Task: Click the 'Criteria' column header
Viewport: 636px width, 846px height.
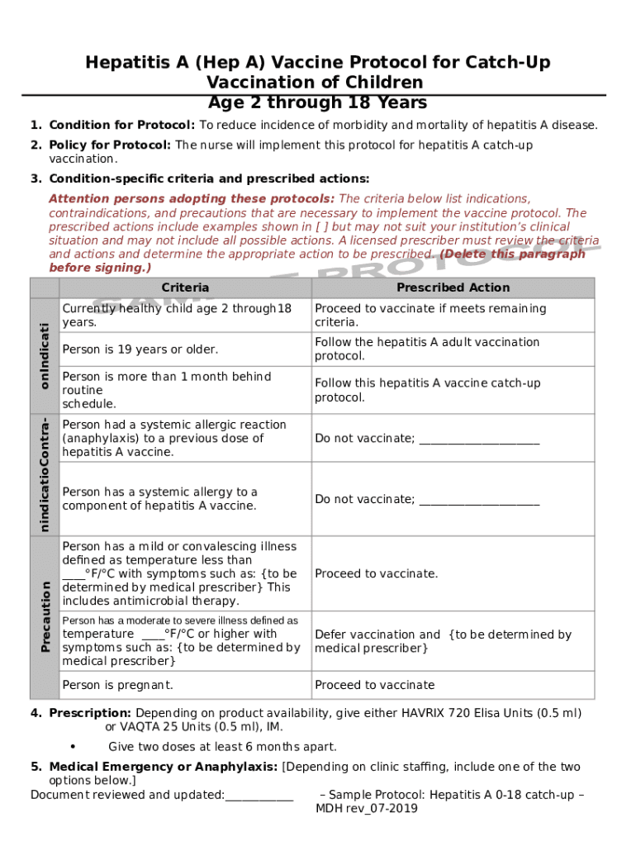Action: pyautogui.click(x=185, y=288)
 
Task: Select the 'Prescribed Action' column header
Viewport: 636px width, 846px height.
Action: pyautogui.click(x=453, y=288)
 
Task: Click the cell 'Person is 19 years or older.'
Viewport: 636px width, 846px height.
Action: pyautogui.click(x=140, y=349)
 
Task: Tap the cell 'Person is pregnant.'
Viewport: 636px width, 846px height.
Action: pyautogui.click(x=118, y=685)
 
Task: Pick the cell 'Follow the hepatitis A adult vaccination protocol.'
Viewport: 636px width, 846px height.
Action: pyautogui.click(x=426, y=349)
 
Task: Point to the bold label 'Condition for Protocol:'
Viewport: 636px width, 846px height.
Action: pyautogui.click(x=121, y=126)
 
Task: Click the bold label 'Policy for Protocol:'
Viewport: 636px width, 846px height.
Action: pyautogui.click(x=110, y=145)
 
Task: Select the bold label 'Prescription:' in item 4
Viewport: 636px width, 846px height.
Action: pyautogui.click(x=90, y=713)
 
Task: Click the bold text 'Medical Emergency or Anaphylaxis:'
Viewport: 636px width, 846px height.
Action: pyautogui.click(x=163, y=767)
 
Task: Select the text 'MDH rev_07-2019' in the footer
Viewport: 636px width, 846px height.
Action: pyautogui.click(x=367, y=809)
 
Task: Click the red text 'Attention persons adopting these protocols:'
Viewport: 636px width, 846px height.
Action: pyautogui.click(x=192, y=199)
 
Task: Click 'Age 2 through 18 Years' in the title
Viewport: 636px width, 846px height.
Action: pyautogui.click(x=317, y=102)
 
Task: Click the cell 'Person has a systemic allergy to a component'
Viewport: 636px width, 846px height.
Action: pyautogui.click(x=159, y=499)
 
